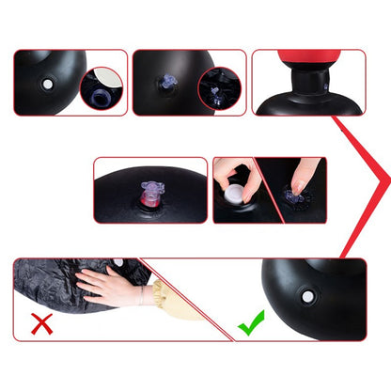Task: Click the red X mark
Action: coord(41,324)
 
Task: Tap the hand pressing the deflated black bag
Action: coord(108,286)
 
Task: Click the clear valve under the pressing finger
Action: coord(294,197)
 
